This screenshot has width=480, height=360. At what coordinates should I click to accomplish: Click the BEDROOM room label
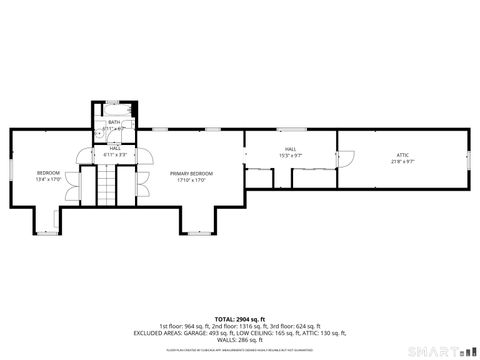click(x=48, y=173)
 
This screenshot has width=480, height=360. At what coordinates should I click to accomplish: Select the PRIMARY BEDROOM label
click(x=191, y=173)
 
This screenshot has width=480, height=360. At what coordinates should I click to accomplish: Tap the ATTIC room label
click(x=402, y=154)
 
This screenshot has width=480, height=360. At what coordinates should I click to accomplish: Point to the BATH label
click(x=114, y=122)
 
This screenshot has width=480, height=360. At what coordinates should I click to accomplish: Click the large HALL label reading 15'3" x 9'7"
click(x=290, y=149)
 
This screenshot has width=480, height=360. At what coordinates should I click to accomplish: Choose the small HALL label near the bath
click(x=115, y=148)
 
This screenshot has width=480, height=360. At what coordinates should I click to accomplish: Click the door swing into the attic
click(x=345, y=157)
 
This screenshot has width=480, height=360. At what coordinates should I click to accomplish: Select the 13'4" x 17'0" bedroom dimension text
click(x=48, y=180)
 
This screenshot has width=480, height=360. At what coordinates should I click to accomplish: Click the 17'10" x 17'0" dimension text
click(x=191, y=180)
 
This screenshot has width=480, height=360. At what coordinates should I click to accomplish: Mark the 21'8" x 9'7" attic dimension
click(x=402, y=161)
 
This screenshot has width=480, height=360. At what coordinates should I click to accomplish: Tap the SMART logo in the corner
click(x=441, y=351)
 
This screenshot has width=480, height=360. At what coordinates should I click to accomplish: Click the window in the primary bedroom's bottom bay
click(x=197, y=233)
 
